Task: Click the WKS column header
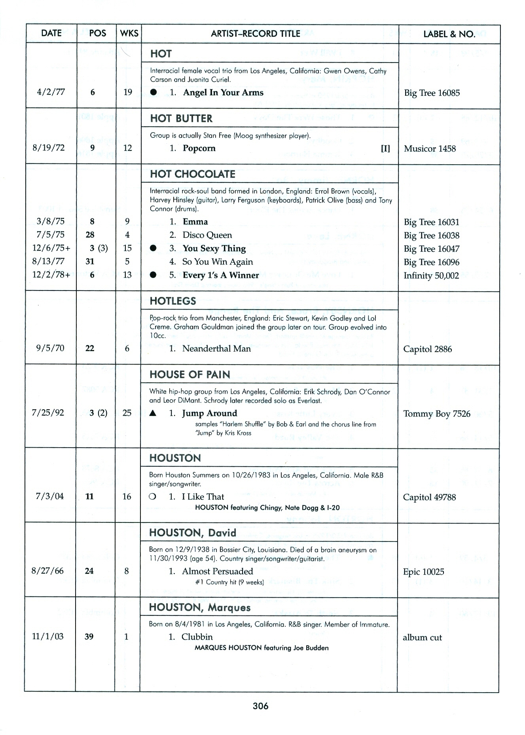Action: [x=129, y=34]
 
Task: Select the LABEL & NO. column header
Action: [x=449, y=34]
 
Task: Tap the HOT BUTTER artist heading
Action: [x=181, y=118]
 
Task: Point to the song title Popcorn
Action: [x=199, y=148]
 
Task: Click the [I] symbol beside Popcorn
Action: [x=385, y=148]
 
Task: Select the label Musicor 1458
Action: [x=430, y=149]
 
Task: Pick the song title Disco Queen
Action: [x=207, y=235]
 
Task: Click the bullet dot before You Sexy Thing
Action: [x=154, y=249]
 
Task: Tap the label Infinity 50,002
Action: [x=431, y=275]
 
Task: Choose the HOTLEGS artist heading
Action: [x=172, y=301]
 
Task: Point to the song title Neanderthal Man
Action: [x=216, y=349]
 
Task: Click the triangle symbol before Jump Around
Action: [x=153, y=413]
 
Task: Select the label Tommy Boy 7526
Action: [x=436, y=414]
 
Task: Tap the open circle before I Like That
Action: [x=152, y=497]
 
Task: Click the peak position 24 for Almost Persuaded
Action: [x=89, y=571]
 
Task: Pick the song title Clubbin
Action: [x=197, y=637]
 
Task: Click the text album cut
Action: [x=422, y=637]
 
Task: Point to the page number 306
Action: [x=261, y=706]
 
